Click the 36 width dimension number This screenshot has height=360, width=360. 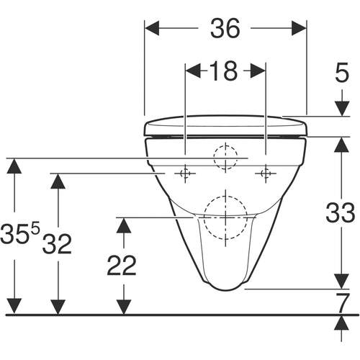coord(225,28)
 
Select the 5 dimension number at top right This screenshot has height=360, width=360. coord(342,72)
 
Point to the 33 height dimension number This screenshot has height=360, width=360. coord(341,212)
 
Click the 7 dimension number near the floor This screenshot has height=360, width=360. coord(342,302)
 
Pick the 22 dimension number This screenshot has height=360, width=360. coord(122,265)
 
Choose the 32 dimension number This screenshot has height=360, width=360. coord(57,244)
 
